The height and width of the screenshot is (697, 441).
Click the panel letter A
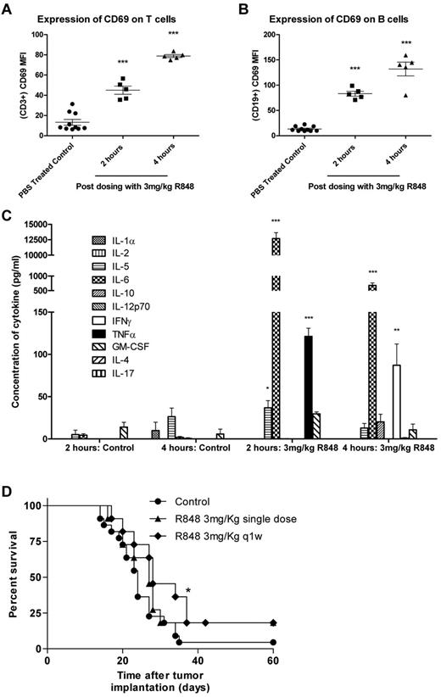[x=9, y=8]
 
